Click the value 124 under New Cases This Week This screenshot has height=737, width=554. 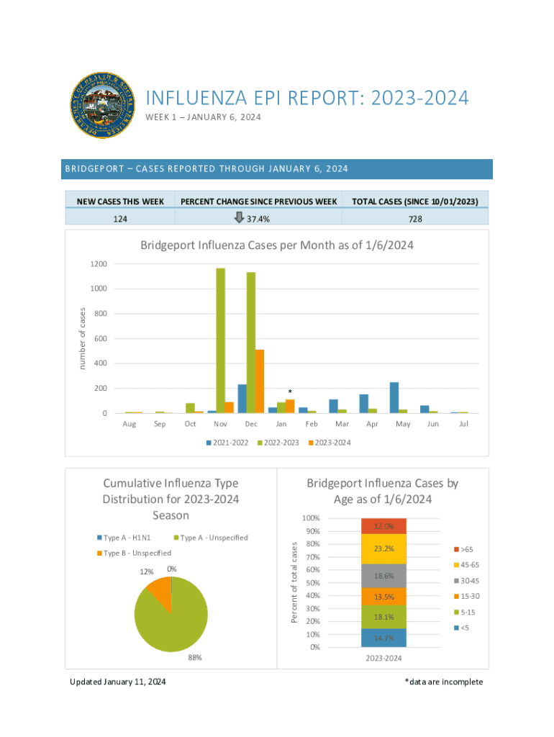click(x=120, y=218)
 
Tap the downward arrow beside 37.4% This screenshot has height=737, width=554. click(x=240, y=218)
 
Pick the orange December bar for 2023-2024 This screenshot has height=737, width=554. click(x=260, y=381)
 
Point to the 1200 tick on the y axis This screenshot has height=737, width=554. click(x=99, y=264)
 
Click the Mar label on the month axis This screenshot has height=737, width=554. click(x=342, y=424)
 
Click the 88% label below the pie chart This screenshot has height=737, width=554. click(x=195, y=657)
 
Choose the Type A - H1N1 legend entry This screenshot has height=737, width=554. click(x=124, y=538)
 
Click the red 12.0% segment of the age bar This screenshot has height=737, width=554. click(x=383, y=526)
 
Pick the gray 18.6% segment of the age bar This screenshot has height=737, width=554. click(x=383, y=576)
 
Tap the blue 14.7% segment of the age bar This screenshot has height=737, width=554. click(x=383, y=638)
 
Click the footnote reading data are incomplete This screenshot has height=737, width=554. click(x=444, y=682)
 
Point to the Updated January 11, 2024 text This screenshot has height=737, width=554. click(x=118, y=682)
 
